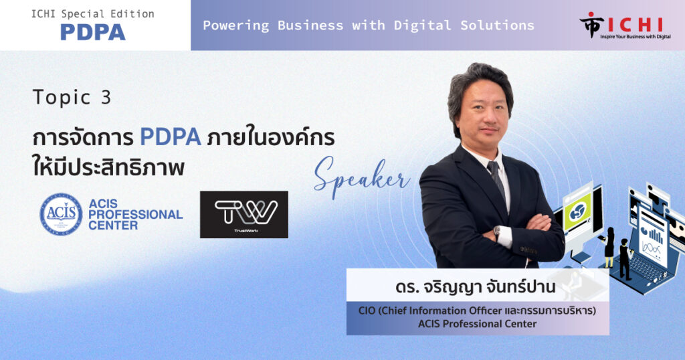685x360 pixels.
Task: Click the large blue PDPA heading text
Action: point(92,32)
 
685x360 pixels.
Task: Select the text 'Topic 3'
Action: point(72,97)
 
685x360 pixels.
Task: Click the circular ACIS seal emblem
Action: point(61,215)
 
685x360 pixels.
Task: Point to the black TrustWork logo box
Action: point(243,215)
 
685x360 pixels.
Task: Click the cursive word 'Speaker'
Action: point(362,175)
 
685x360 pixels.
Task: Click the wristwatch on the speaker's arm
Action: point(497,232)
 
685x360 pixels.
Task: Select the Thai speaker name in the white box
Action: point(476,287)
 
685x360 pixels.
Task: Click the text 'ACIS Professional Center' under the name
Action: point(477,324)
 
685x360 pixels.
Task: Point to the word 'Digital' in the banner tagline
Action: point(422,26)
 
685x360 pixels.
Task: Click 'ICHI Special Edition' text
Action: point(92,14)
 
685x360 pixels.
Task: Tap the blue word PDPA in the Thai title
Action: point(171,137)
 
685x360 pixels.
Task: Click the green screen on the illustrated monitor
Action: point(577,212)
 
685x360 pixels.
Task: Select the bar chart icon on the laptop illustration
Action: point(656,235)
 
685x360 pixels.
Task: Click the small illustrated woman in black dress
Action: point(609,248)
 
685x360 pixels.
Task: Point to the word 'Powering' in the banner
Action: point(236,26)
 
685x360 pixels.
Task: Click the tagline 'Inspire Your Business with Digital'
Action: point(635,37)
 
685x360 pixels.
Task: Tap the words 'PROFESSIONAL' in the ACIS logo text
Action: point(135,215)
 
